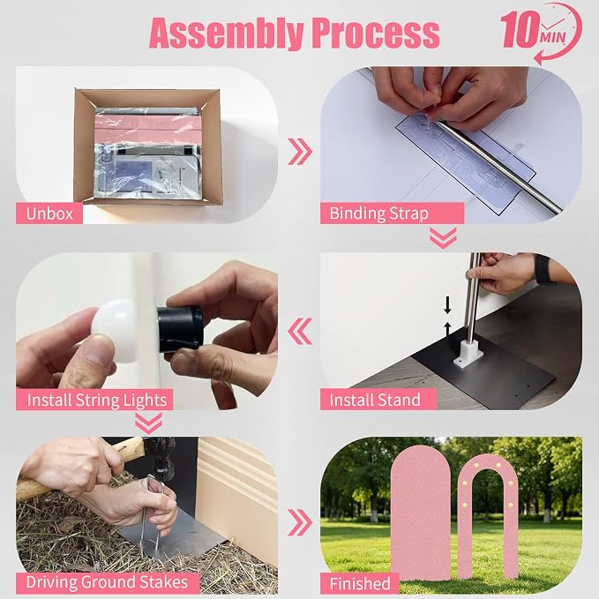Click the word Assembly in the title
(227, 34)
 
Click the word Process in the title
(376, 33)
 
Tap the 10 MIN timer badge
(542, 33)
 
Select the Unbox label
(49, 213)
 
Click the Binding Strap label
(392, 213)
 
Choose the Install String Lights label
(94, 400)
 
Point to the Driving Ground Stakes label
(108, 583)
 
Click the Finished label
(359, 583)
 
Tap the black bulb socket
(180, 328)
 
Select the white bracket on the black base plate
(468, 354)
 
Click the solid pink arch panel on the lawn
(420, 512)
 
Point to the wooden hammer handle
(77, 470)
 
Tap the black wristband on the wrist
(544, 269)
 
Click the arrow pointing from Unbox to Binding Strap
(300, 152)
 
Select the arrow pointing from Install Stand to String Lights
(300, 331)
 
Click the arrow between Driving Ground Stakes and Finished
(300, 522)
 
